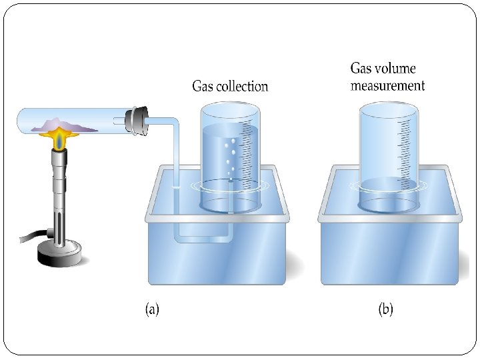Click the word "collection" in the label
click(x=241, y=87)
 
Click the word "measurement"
click(x=387, y=85)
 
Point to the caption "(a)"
click(x=152, y=309)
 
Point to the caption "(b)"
click(x=386, y=309)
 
